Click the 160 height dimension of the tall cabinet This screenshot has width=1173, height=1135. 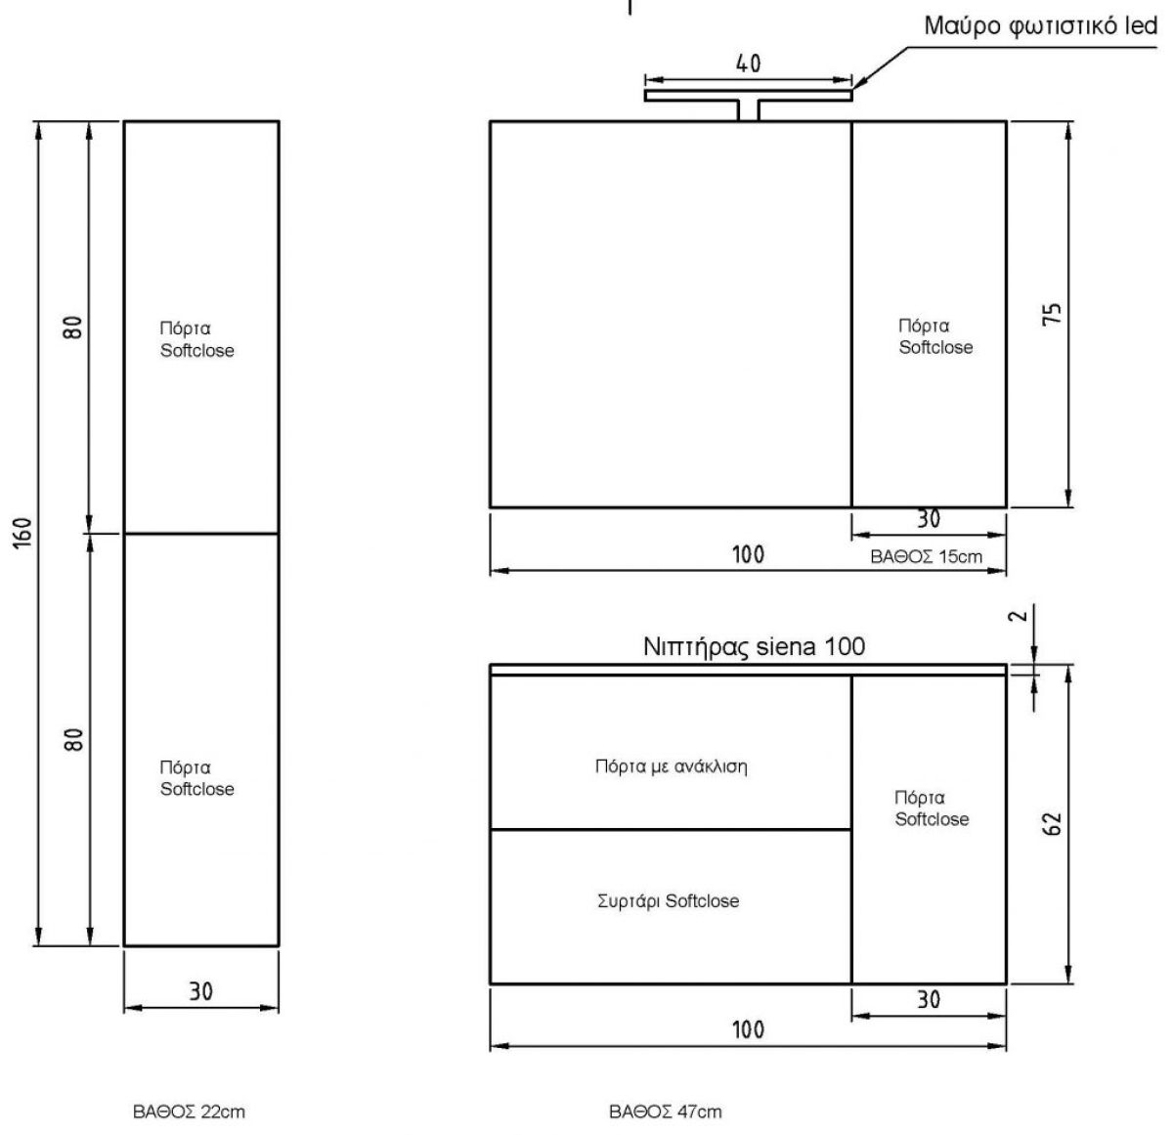click(x=22, y=533)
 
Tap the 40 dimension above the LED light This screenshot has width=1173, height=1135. click(x=748, y=64)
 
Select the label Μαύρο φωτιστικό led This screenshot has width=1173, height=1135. click(x=1041, y=26)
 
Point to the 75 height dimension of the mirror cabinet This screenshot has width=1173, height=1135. click(x=1051, y=314)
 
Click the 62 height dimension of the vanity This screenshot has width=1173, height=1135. click(x=1051, y=824)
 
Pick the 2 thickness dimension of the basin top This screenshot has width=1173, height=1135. click(x=1019, y=616)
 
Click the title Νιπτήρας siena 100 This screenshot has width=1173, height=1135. click(x=754, y=647)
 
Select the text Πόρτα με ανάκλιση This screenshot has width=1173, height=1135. click(x=671, y=766)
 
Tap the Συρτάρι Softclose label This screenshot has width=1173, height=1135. click(x=668, y=900)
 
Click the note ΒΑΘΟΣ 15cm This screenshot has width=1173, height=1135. click(x=926, y=556)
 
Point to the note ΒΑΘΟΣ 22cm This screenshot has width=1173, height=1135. click(x=189, y=1112)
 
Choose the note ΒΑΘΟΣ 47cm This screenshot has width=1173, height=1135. click(x=666, y=1112)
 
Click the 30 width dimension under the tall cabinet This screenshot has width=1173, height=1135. click(x=201, y=991)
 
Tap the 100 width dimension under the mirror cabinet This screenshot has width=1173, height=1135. click(x=748, y=554)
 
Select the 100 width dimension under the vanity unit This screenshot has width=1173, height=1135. click(x=748, y=1029)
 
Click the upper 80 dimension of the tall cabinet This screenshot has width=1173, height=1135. click(x=73, y=327)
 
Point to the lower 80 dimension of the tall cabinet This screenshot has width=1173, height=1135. click(x=73, y=740)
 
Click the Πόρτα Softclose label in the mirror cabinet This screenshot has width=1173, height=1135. click(x=935, y=336)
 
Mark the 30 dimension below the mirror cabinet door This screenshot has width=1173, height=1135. click(x=929, y=519)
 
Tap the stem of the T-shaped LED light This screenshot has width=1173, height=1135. click(x=748, y=110)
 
